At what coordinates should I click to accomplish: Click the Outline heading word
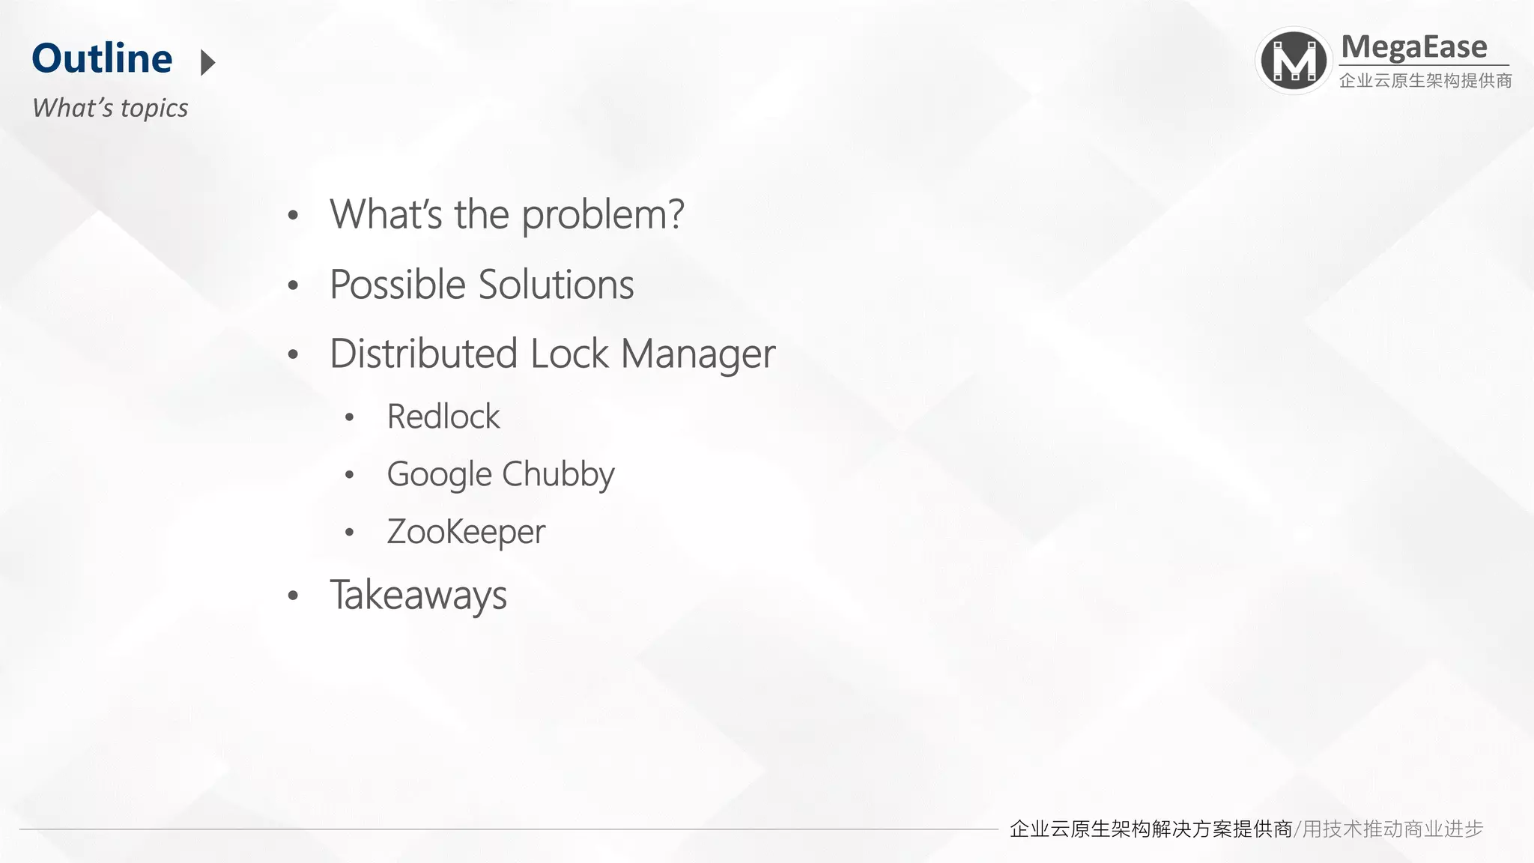click(102, 58)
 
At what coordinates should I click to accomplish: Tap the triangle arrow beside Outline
click(208, 62)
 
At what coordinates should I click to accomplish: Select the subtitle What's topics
click(110, 108)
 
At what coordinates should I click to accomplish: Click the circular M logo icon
click(1294, 61)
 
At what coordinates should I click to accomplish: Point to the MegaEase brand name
click(1413, 47)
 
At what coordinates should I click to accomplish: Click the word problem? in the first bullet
click(603, 215)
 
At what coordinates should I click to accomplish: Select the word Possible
click(398, 285)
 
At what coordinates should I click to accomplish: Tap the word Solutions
click(556, 285)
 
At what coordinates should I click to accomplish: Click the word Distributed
click(423, 354)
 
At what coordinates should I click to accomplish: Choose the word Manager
click(698, 355)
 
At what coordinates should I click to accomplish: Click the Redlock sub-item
click(443, 417)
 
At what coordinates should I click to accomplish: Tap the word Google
click(439, 475)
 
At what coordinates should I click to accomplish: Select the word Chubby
click(558, 475)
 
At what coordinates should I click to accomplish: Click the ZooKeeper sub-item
click(466, 532)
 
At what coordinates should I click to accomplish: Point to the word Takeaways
click(418, 596)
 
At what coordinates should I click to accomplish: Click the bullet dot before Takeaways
click(293, 596)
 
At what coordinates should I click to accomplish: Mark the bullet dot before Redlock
click(349, 417)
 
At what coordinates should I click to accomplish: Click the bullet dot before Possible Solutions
click(293, 285)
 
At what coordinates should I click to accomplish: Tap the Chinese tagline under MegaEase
click(1425, 81)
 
